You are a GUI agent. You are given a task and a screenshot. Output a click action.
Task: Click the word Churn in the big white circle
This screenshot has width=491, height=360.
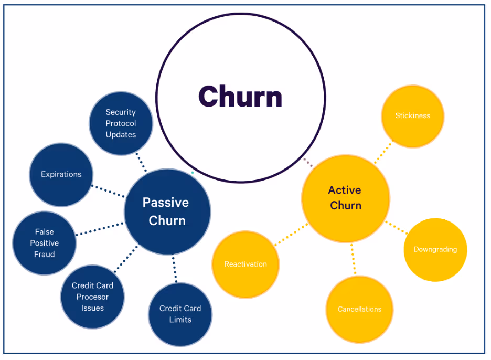pos(240,97)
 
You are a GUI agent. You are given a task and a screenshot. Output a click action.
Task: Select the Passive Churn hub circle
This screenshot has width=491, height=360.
pos(167,211)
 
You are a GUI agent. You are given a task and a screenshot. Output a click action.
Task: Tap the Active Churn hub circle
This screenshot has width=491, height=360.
pos(345,198)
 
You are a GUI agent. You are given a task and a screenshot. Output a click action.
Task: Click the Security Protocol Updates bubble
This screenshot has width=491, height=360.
pos(121,123)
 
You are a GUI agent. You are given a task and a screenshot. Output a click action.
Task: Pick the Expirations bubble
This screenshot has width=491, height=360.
pos(61,174)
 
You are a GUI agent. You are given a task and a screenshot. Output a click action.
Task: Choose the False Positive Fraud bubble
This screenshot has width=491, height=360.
pos(45,243)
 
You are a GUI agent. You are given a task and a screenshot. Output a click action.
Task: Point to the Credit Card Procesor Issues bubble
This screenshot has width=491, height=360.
pos(92,297)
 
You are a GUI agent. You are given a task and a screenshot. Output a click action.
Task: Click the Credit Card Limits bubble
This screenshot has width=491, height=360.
pos(180,314)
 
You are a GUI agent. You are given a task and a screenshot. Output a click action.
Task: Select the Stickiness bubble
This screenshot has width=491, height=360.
pos(412,116)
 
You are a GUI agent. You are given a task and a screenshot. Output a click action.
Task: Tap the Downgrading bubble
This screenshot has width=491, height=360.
pos(435,249)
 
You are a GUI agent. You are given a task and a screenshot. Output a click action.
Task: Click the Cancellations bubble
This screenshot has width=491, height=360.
pos(359,309)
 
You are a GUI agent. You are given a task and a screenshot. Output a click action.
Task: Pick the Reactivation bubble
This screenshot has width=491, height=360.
pos(245,264)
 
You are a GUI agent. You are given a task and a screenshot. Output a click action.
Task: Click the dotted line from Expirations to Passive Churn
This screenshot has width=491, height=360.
pos(109,191)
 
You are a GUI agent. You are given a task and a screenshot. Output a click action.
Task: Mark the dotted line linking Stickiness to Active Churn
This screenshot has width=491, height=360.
pos(383,152)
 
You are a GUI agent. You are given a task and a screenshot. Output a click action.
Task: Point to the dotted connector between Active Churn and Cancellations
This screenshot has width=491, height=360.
pos(353,259)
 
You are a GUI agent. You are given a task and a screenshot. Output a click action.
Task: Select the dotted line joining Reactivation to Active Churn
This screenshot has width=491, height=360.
pos(291,234)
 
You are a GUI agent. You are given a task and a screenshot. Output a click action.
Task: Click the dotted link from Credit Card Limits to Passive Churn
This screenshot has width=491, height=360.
pos(174,269)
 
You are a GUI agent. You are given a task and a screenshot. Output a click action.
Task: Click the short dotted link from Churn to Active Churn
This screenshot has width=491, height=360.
pos(308,162)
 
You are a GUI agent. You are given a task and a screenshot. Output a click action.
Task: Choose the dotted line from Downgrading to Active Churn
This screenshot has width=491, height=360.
pos(397,227)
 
